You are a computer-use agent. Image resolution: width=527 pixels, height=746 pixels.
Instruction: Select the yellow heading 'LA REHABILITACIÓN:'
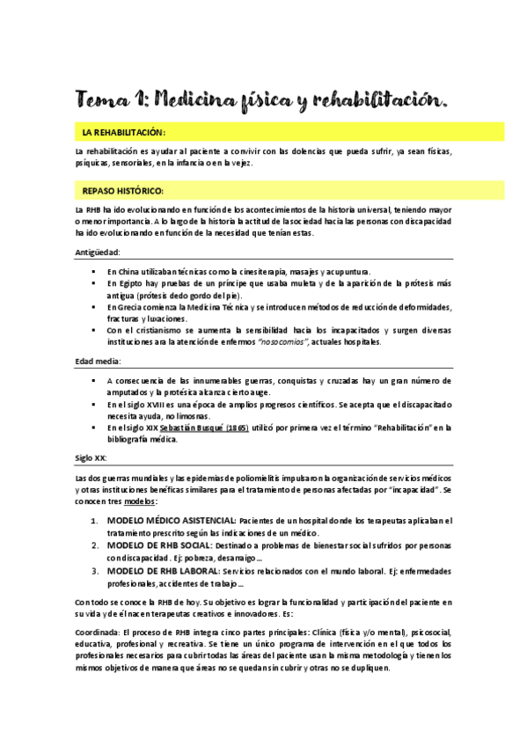pos(123,132)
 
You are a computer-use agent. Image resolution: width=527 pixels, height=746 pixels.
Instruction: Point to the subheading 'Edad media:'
pos(99,362)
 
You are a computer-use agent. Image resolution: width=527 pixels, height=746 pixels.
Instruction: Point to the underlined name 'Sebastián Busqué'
pos(183,428)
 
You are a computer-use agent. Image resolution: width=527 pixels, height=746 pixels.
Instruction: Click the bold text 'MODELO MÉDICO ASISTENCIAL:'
pos(171,521)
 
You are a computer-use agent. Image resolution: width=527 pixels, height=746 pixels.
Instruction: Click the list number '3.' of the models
pos(97,570)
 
